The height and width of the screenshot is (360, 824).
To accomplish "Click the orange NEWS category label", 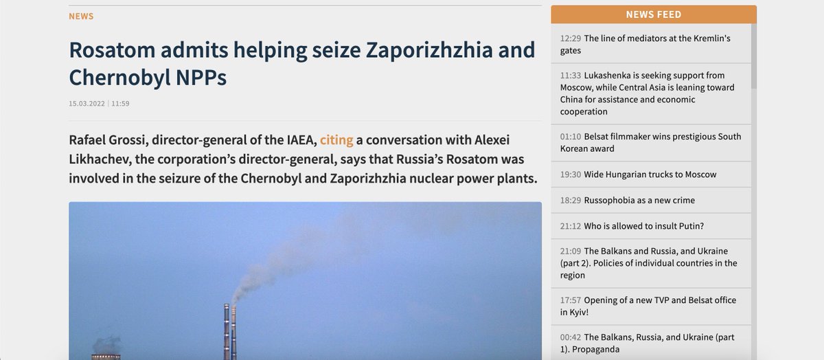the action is (x=81, y=16).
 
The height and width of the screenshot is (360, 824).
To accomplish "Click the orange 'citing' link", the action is (x=336, y=140).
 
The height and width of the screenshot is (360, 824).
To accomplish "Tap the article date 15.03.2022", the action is (x=87, y=104).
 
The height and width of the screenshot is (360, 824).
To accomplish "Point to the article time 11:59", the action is (x=120, y=104).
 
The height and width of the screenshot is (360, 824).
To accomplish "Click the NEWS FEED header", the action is (x=654, y=14).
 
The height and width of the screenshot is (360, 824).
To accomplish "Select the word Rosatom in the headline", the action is (x=112, y=50).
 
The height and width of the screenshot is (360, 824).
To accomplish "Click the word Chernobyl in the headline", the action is (x=119, y=78).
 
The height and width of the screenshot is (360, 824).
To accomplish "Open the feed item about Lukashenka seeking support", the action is (x=647, y=93).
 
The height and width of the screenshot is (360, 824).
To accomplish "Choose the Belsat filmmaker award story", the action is (x=650, y=142).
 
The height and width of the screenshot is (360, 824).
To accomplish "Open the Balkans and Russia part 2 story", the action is (x=648, y=263).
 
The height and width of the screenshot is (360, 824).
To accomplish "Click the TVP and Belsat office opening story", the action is (x=648, y=306).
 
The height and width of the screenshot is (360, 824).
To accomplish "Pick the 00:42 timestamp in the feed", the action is (x=571, y=337).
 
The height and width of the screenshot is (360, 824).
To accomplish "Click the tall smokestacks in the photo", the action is (x=230, y=331).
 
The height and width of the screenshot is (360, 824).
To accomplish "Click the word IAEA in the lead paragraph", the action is (x=301, y=140).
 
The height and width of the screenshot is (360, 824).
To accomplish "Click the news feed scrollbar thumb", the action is (x=754, y=56).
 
